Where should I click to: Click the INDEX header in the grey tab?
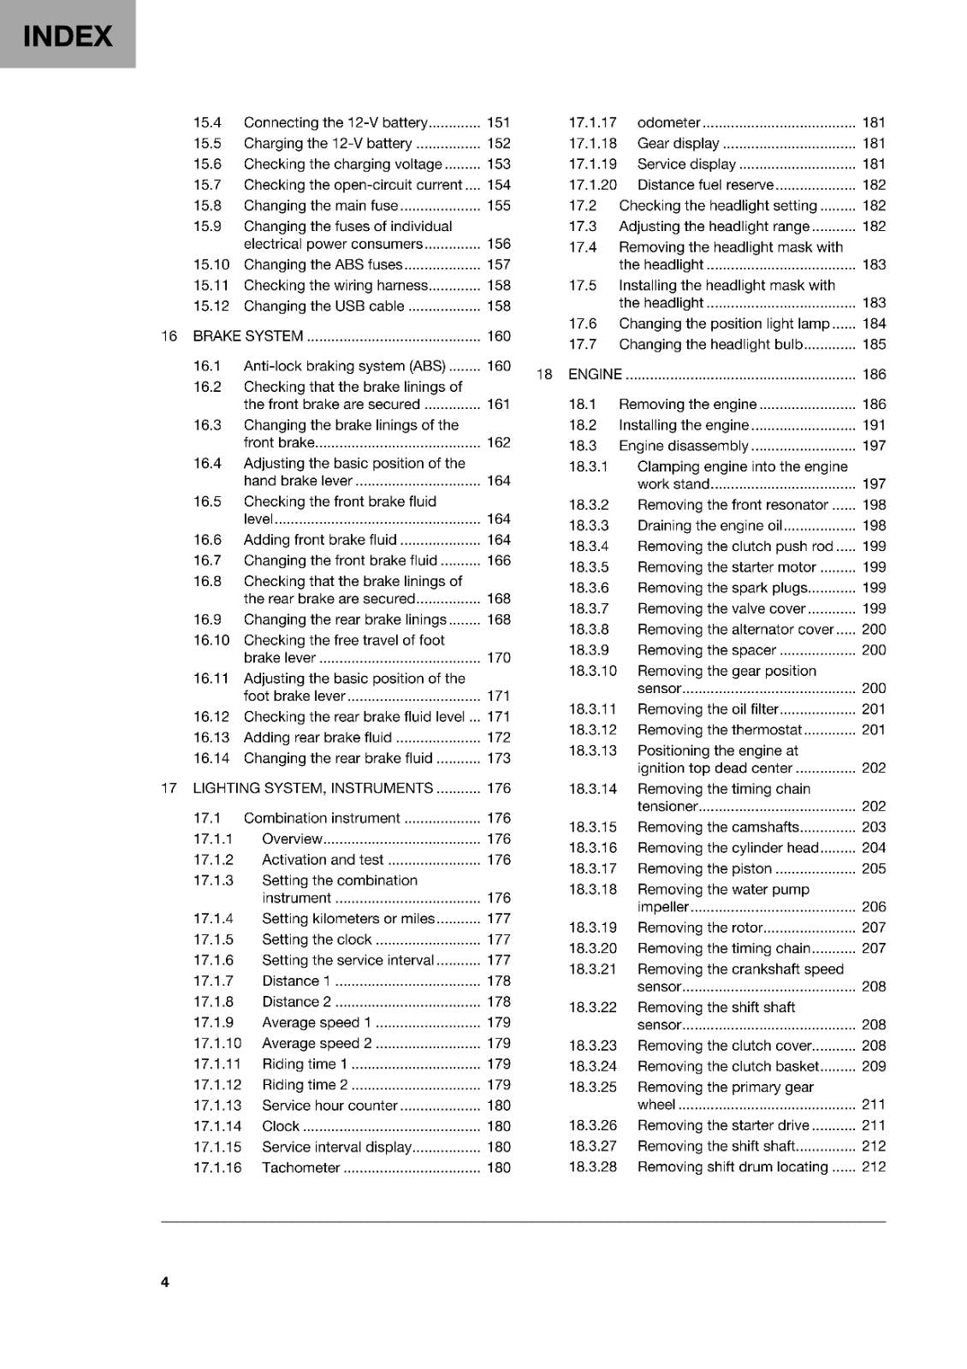(x=67, y=36)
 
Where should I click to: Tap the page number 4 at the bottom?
(x=165, y=1282)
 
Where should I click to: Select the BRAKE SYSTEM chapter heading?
(x=248, y=336)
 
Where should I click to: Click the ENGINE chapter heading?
(x=595, y=375)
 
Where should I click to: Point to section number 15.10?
(x=211, y=265)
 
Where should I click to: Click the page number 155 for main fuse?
(x=498, y=206)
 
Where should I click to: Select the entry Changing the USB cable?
(x=323, y=306)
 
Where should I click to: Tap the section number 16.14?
(x=211, y=759)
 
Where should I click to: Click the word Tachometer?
(x=300, y=1168)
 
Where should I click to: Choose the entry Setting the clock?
(x=317, y=939)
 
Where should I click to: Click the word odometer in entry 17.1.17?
(x=668, y=123)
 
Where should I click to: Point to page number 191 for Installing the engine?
(x=874, y=425)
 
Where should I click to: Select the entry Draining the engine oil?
(x=709, y=526)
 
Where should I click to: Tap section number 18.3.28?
(x=592, y=1167)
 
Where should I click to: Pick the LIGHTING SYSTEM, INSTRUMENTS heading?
(x=312, y=788)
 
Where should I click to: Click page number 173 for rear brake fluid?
(x=498, y=759)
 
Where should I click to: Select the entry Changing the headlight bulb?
(x=710, y=345)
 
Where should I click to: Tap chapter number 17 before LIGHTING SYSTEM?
(x=169, y=788)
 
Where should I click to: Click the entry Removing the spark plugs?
(x=721, y=588)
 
